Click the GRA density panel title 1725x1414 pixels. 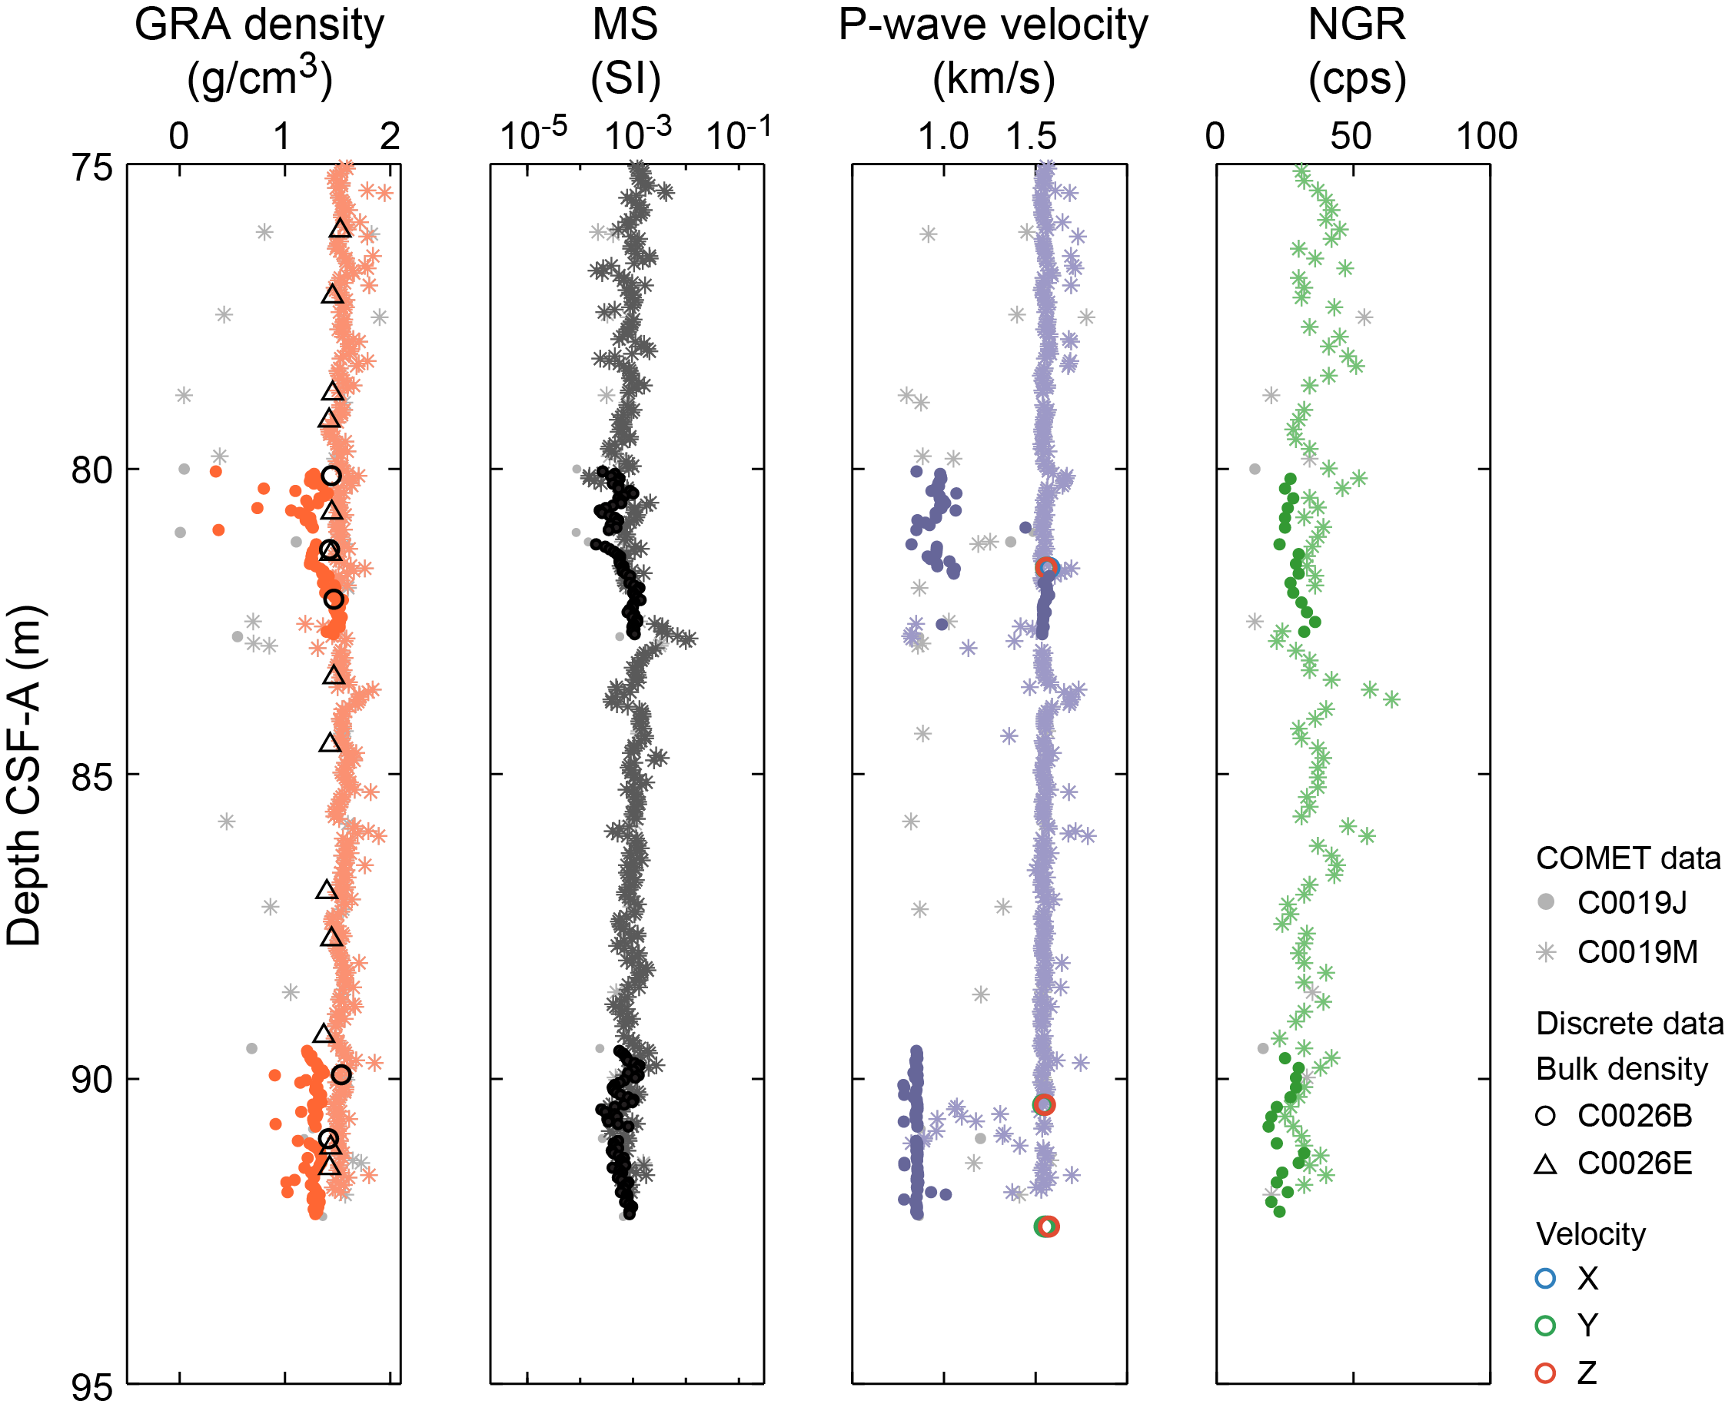tap(259, 25)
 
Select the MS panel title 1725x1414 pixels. tap(625, 25)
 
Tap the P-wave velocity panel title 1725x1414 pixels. tap(992, 25)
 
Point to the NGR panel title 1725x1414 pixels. tap(1356, 25)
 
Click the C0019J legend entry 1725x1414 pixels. tap(1631, 902)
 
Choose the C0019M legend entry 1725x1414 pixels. tap(1637, 951)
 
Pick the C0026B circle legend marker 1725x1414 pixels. tap(1545, 1116)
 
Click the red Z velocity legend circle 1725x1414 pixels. tap(1545, 1373)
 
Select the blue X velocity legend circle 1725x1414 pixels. tap(1545, 1279)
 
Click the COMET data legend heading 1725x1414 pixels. tap(1627, 858)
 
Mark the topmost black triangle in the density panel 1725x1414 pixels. tap(341, 229)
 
